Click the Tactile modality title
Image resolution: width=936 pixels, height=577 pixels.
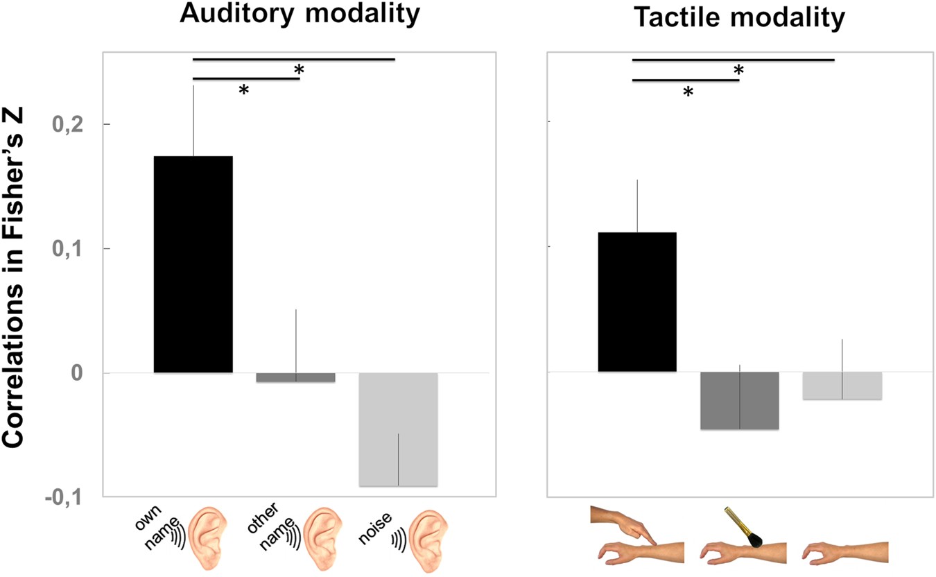[x=739, y=18]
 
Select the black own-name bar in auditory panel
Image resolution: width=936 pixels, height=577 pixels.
[x=193, y=264]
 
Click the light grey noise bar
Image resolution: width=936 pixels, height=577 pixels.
[x=398, y=429]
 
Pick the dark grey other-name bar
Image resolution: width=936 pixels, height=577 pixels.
[x=296, y=378]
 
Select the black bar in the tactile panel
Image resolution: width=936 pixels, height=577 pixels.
[x=637, y=302]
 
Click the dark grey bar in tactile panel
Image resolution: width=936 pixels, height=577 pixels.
[x=739, y=401]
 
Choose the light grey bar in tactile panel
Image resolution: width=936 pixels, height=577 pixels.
[x=842, y=386]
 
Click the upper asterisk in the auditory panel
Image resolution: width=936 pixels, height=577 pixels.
[x=300, y=70]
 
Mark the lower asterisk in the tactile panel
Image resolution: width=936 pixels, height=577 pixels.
[x=688, y=92]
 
